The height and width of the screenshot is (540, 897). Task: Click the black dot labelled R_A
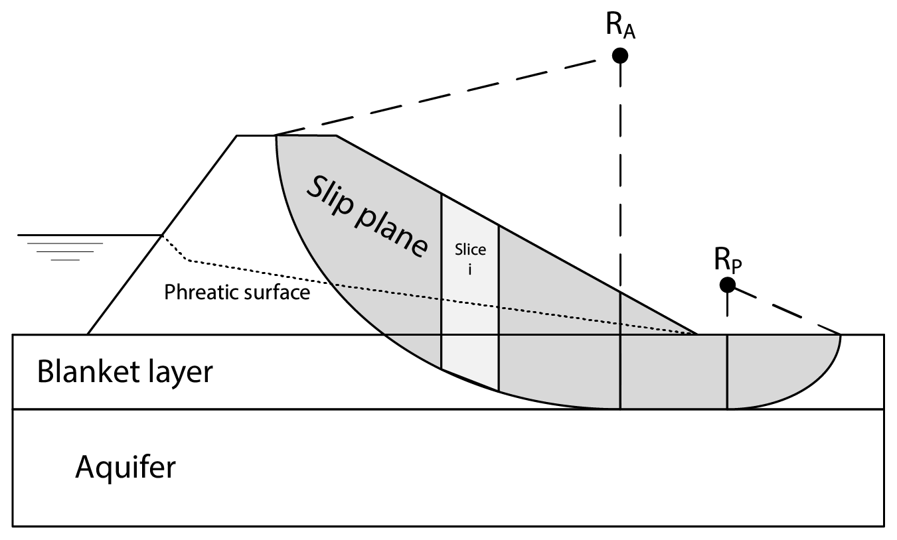tap(620, 56)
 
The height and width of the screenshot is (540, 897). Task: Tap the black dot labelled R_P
tap(728, 285)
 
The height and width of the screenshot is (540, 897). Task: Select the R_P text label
tap(728, 261)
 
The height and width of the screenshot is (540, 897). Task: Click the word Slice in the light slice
tap(470, 250)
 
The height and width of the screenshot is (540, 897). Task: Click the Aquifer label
tap(125, 468)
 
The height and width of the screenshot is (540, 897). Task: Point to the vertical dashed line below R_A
tap(620, 186)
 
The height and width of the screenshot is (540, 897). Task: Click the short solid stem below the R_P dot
tap(728, 304)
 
